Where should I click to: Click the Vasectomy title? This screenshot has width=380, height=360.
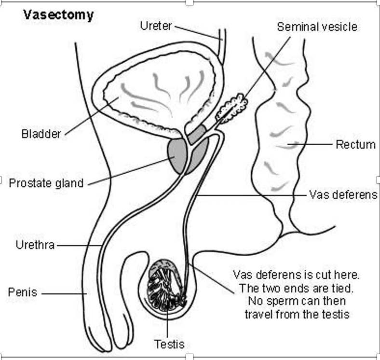pyautogui.click(x=58, y=15)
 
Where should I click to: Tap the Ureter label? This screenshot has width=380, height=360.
pyautogui.click(x=156, y=25)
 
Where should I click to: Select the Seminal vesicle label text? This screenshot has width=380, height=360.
pyautogui.click(x=317, y=26)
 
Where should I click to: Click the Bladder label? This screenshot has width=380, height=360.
pyautogui.click(x=41, y=134)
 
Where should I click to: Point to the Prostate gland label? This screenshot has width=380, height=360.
pyautogui.click(x=46, y=183)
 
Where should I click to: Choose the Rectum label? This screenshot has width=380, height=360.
pyautogui.click(x=356, y=144)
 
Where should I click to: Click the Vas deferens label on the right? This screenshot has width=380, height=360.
pyautogui.click(x=343, y=195)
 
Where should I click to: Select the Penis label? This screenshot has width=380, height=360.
pyautogui.click(x=22, y=292)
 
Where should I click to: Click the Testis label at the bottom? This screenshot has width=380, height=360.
pyautogui.click(x=169, y=344)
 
